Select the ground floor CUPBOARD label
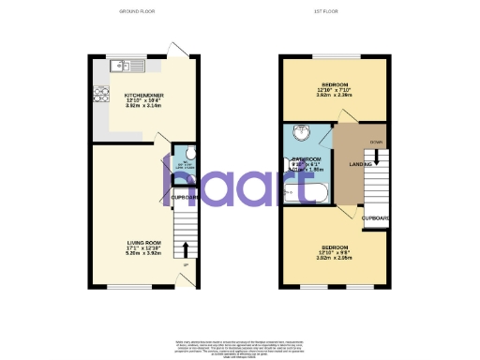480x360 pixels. tap(183, 198)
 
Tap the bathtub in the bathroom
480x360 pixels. tap(304, 194)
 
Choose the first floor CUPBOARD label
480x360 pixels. tap(377, 218)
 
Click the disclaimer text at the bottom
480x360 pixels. tap(240, 346)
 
